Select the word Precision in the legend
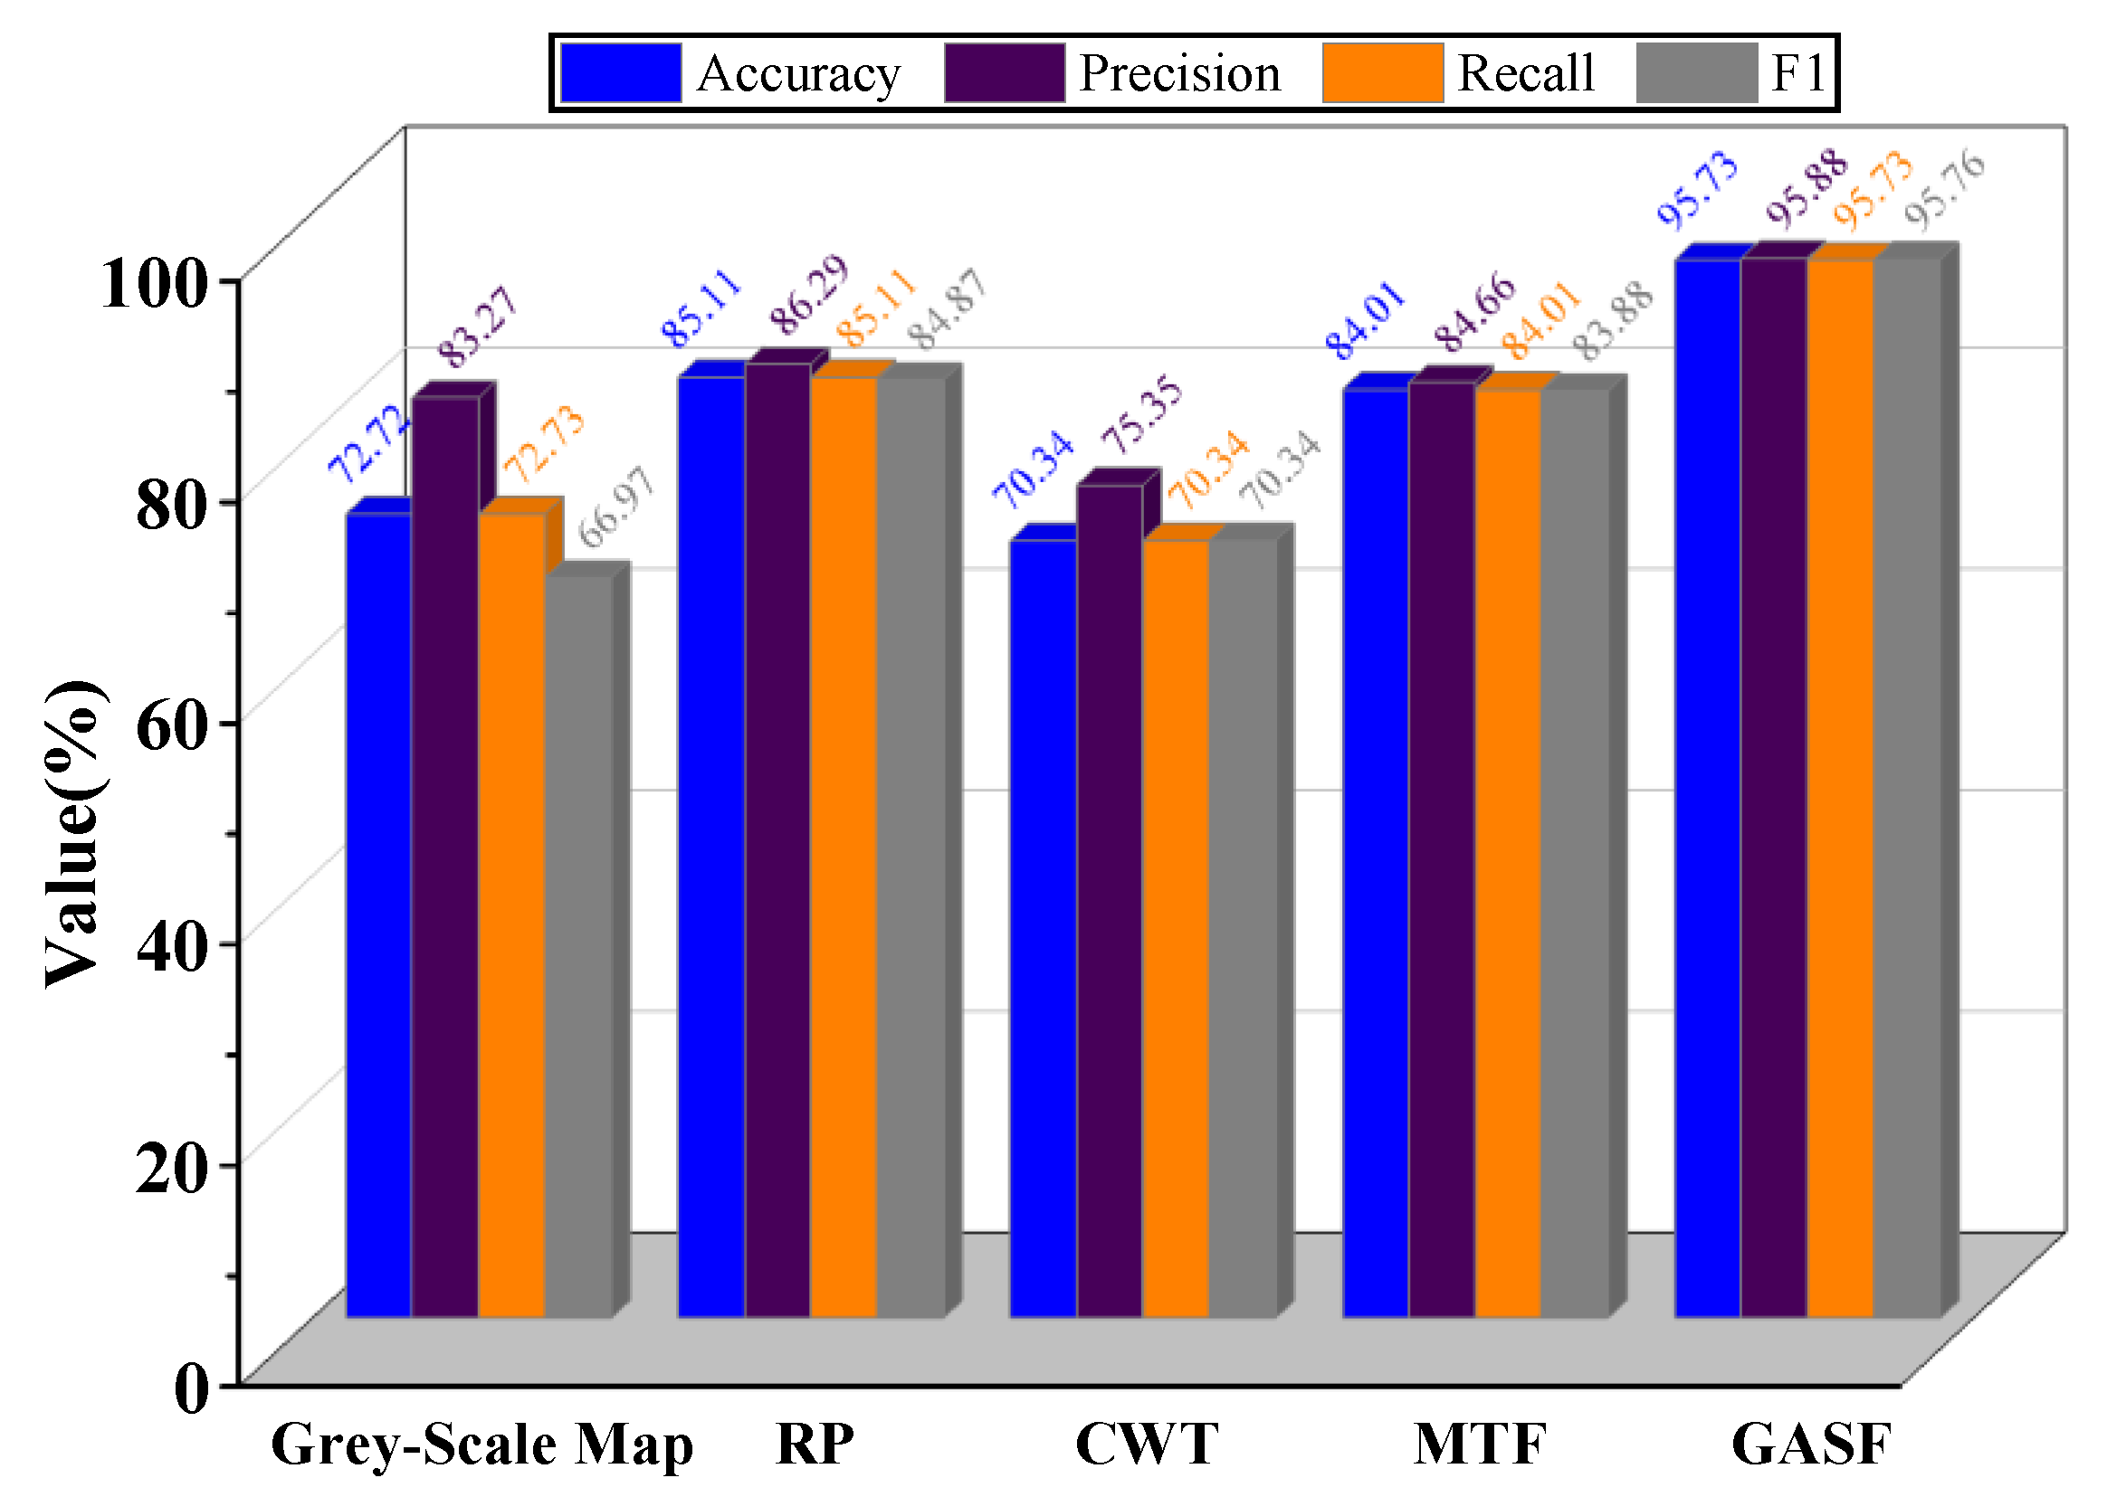point(1178,73)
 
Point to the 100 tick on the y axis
point(150,283)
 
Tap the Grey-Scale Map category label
point(481,1445)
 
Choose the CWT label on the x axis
point(1146,1445)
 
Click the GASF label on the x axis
point(1811,1445)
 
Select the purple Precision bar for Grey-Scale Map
point(444,857)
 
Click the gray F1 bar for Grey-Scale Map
point(578,945)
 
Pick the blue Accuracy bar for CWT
point(1042,926)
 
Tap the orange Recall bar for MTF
point(1508,853)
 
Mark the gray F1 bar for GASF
point(1907,788)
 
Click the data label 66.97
point(616,506)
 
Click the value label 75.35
point(1140,414)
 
